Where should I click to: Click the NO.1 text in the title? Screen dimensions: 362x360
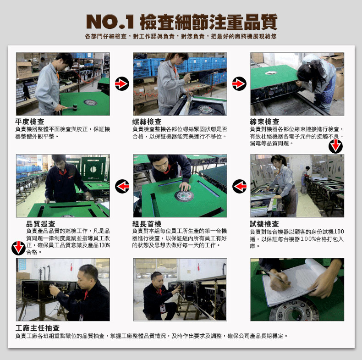(x=110, y=22)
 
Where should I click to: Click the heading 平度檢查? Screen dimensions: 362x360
(x=29, y=122)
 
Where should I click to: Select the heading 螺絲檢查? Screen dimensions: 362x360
(x=147, y=122)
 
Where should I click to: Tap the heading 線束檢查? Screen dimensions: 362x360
(x=264, y=122)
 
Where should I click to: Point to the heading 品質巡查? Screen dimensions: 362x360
(x=41, y=224)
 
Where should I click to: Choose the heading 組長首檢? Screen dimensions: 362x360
(x=147, y=224)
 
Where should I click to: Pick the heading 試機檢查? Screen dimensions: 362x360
(x=264, y=224)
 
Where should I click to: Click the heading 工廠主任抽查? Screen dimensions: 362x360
(x=38, y=327)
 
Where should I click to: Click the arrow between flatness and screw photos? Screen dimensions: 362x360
(x=122, y=83)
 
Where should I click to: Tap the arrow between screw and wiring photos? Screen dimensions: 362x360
(x=239, y=83)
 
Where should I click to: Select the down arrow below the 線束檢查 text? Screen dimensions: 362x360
(x=335, y=146)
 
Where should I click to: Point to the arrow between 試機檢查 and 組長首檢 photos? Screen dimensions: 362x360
(x=239, y=186)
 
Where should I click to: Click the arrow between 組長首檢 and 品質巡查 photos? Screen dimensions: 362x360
(x=122, y=186)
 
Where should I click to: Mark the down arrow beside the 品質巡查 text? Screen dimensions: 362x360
(x=18, y=248)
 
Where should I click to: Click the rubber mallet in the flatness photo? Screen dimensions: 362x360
(x=71, y=107)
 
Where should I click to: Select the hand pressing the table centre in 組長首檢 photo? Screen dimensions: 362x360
(x=185, y=186)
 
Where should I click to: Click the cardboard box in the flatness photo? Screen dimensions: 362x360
(x=24, y=70)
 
